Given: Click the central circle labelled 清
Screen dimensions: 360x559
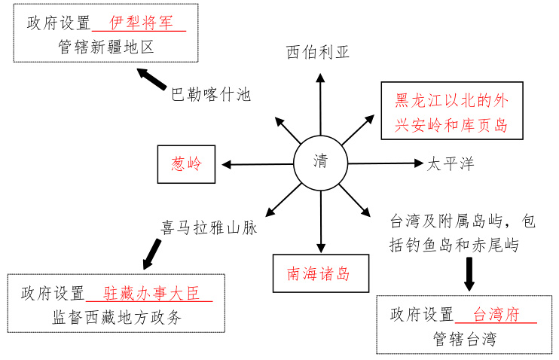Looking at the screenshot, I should click(x=321, y=162).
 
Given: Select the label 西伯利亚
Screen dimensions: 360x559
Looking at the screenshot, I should click(x=318, y=52).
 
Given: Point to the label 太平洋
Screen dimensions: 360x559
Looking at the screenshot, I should click(x=451, y=163).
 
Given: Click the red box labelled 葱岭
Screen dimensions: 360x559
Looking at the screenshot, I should click(x=186, y=164).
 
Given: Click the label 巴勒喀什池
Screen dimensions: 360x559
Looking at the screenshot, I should click(x=210, y=95).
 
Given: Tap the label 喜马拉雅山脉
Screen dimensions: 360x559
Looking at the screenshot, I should click(x=209, y=227).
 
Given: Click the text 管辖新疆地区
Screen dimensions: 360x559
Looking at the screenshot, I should click(x=105, y=47).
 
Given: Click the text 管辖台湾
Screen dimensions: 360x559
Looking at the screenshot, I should click(x=465, y=338).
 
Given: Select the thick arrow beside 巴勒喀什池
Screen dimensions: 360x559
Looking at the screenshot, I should click(x=152, y=78).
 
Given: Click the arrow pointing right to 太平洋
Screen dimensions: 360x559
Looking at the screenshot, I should click(x=386, y=163).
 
